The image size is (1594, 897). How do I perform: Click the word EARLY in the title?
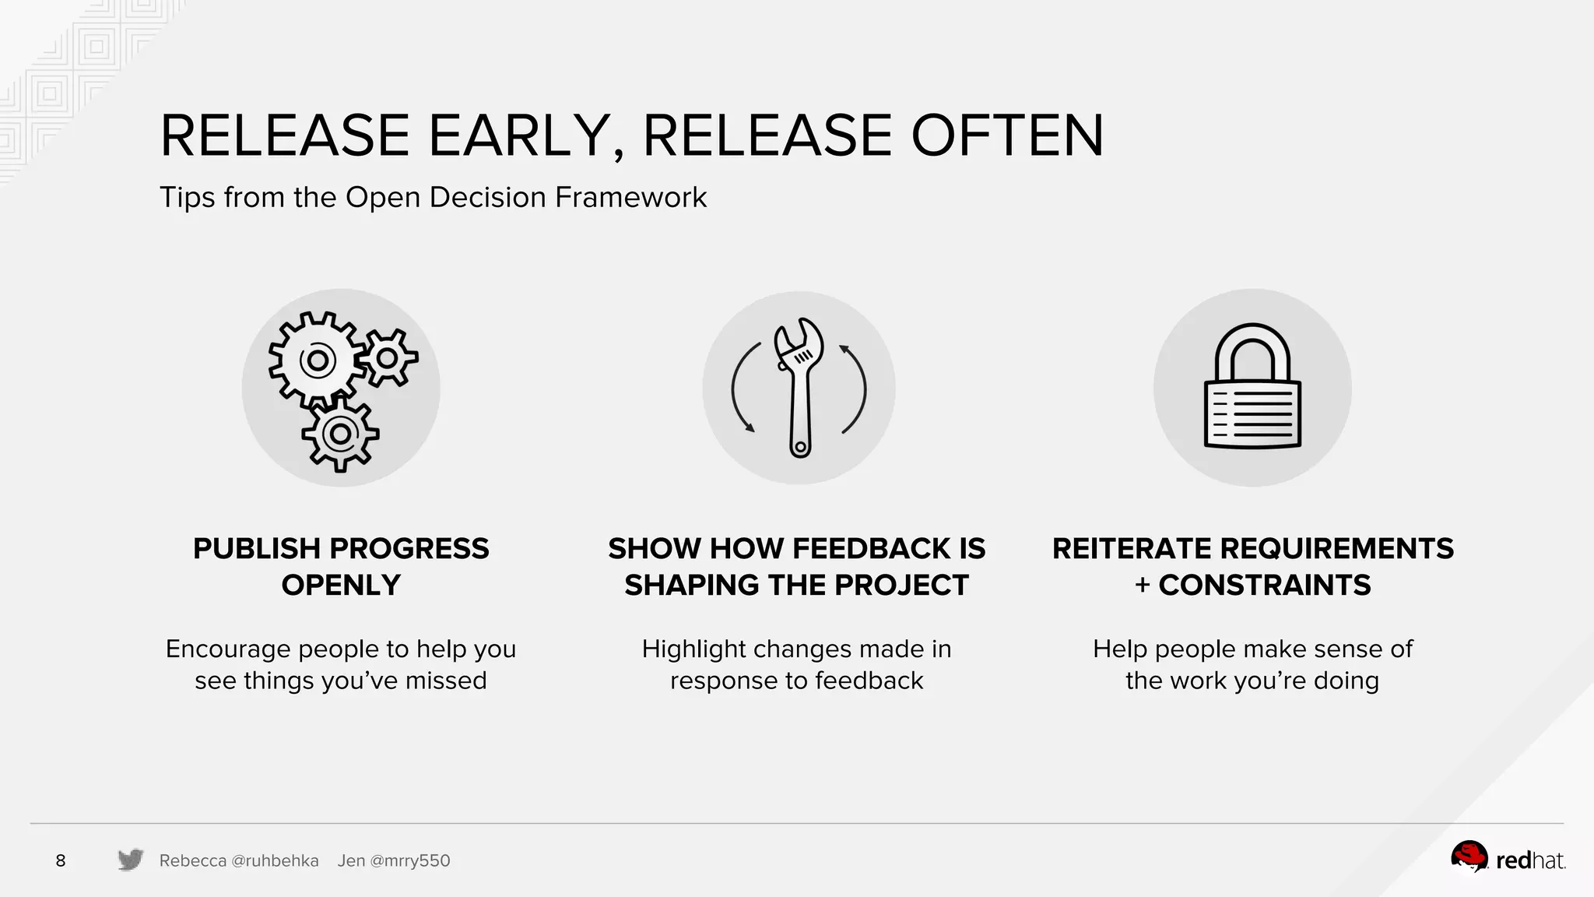[x=518, y=136]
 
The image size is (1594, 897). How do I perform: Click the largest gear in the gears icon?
[x=317, y=361]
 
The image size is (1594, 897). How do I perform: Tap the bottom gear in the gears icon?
[x=340, y=434]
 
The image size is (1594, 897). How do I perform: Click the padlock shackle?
[x=1252, y=350]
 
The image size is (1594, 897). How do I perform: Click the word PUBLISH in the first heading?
[x=256, y=549]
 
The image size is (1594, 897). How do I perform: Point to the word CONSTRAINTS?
[x=1264, y=586]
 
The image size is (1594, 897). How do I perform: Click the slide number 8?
[x=61, y=860]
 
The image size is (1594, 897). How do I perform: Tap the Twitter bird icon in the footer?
[x=131, y=860]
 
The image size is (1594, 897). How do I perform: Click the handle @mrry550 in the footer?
[x=409, y=861]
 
